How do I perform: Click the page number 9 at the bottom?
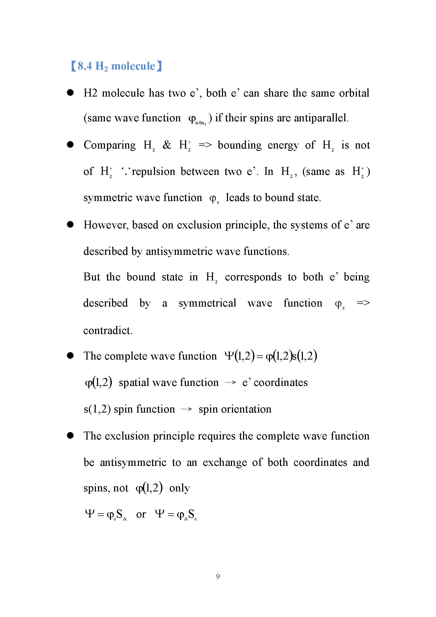pyautogui.click(x=218, y=576)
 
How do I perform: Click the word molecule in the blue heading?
pyautogui.click(x=133, y=66)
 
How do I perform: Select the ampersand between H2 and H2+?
pyautogui.click(x=167, y=145)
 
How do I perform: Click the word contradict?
pyautogui.click(x=108, y=330)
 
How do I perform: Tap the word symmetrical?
pyautogui.click(x=207, y=303)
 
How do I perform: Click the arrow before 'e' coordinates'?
pyautogui.click(x=230, y=383)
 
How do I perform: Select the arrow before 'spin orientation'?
pyautogui.click(x=186, y=409)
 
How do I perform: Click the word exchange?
pyautogui.click(x=224, y=462)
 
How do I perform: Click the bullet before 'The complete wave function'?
pyautogui.click(x=70, y=356)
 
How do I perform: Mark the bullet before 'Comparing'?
pyautogui.click(x=70, y=145)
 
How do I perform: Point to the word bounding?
pyautogui.click(x=239, y=145)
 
